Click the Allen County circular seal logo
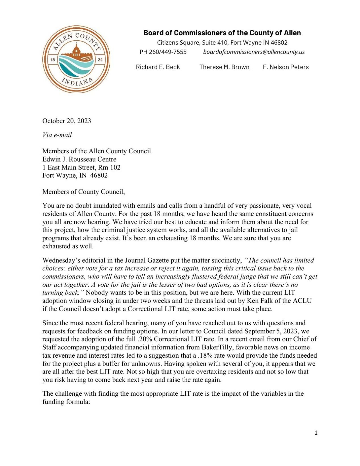coord(76,59)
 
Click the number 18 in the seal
coord(52,60)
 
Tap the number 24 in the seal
coord(100,60)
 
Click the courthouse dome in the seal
coord(76,51)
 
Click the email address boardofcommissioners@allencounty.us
coord(254,52)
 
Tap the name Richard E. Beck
coord(158,67)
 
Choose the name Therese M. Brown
coord(224,67)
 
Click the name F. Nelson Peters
coord(285,67)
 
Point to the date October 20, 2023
coord(67,121)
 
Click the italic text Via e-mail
coord(57,135)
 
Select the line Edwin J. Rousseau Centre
coord(79,159)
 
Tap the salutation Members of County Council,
coord(83,192)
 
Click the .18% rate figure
coord(205,355)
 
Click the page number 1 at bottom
coord(316,433)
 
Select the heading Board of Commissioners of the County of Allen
coord(222,33)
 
